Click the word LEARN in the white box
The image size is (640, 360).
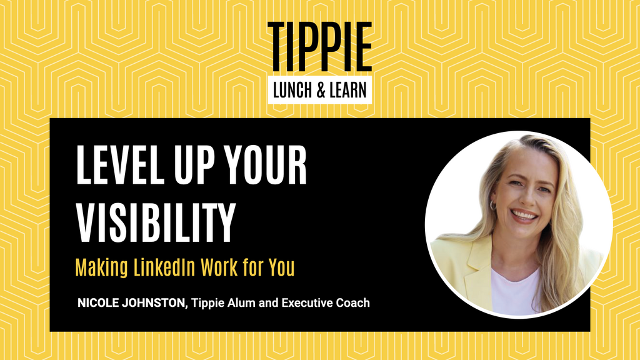347,91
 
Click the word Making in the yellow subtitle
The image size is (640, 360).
100,268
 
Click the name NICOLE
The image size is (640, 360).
98,303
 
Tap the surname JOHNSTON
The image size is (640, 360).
156,303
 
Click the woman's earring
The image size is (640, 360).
493,205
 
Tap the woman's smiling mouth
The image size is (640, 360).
524,216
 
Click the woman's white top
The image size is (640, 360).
516,291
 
